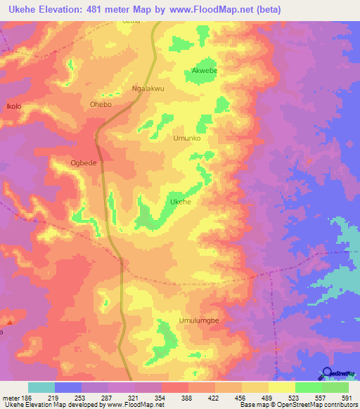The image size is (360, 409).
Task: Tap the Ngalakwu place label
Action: click(x=148, y=89)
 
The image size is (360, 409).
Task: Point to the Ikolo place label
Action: click(x=14, y=107)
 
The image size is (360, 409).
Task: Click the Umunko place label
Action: click(x=187, y=138)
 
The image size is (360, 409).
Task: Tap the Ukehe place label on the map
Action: click(x=181, y=202)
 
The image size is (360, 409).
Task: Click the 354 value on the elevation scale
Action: click(x=160, y=397)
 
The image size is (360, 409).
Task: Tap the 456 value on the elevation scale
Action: click(x=240, y=397)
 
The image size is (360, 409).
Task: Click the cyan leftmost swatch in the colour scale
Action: click(x=41, y=387)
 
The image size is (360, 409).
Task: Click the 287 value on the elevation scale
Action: click(x=106, y=397)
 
